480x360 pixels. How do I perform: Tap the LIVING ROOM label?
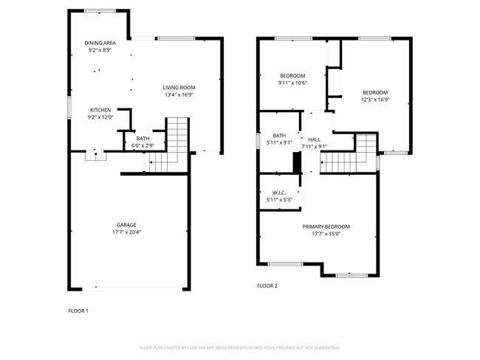[x=179, y=88]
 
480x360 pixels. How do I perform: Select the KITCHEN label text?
[x=100, y=110]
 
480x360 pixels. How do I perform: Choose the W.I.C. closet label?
[x=279, y=193]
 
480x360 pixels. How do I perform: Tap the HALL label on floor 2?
[x=314, y=139]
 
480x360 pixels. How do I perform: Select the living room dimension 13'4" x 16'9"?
[x=179, y=95]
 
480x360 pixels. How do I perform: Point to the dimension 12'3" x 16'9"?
[x=375, y=100]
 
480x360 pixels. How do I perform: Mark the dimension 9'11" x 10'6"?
[x=292, y=83]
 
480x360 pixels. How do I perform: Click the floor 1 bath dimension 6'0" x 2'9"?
[x=143, y=145]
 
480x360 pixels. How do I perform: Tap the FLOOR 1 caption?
[x=78, y=311]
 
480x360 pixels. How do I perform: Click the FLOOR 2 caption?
[x=267, y=285]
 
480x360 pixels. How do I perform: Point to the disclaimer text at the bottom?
[x=239, y=347]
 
